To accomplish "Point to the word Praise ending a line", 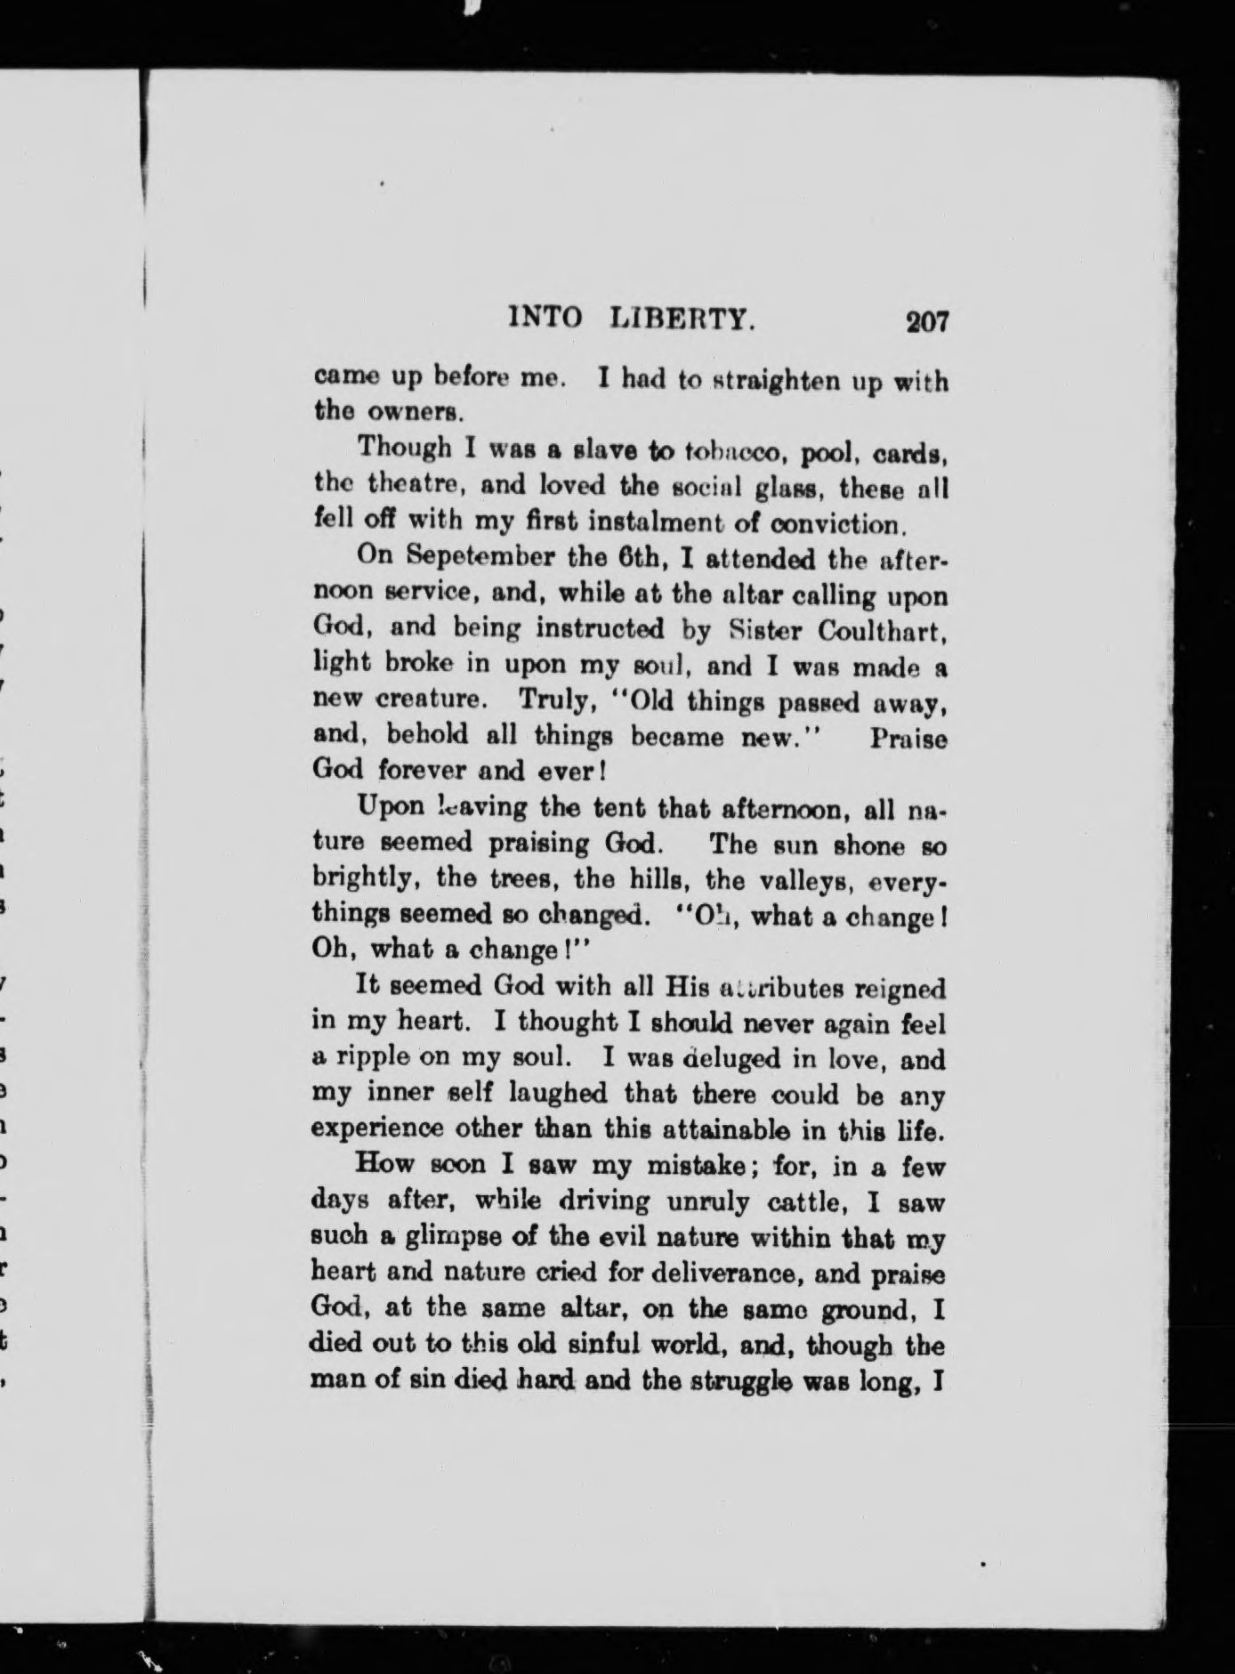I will pos(908,740).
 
